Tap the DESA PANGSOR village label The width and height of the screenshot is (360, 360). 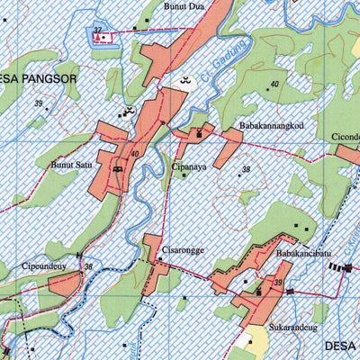pyautogui.click(x=37, y=80)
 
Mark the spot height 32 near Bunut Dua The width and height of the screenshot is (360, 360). pyautogui.click(x=96, y=31)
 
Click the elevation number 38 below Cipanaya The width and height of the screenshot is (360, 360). pyautogui.click(x=245, y=169)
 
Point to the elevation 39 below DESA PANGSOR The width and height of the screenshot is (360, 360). pyautogui.click(x=39, y=104)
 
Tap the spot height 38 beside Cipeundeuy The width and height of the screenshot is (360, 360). pyautogui.click(x=87, y=266)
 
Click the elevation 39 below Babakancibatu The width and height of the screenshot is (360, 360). pyautogui.click(x=279, y=283)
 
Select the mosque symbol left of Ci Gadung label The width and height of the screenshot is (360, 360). pyautogui.click(x=187, y=81)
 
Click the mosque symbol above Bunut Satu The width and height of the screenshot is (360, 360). pyautogui.click(x=127, y=112)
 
